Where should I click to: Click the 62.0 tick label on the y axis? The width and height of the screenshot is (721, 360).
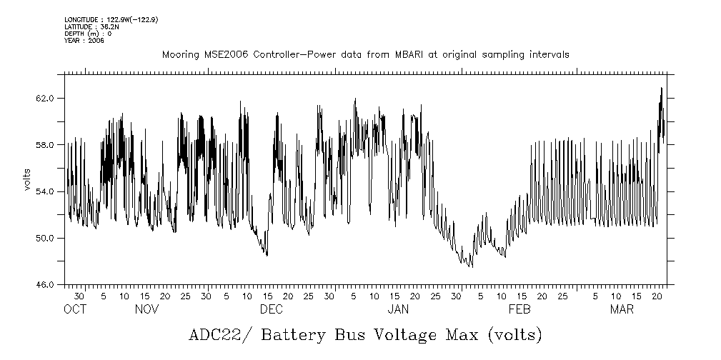click(45, 99)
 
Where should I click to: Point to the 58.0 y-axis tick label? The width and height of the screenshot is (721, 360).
click(45, 145)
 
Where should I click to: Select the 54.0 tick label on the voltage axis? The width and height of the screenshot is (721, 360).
click(45, 191)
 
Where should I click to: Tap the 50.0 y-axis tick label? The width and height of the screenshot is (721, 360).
click(45, 238)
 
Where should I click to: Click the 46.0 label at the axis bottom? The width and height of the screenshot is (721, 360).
click(45, 285)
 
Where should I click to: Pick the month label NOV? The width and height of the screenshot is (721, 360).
click(146, 309)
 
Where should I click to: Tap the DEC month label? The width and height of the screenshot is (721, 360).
click(272, 309)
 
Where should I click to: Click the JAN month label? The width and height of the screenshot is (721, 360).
click(398, 309)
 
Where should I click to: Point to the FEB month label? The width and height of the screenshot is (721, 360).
click(519, 309)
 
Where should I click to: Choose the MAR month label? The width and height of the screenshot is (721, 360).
click(621, 309)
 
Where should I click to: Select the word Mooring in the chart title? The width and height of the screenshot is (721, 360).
click(179, 55)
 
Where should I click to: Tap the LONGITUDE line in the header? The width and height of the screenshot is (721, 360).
click(111, 19)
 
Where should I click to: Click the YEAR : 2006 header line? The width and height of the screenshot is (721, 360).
click(84, 41)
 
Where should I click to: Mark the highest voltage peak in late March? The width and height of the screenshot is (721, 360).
click(662, 88)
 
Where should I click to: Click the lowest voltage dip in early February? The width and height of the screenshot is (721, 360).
click(470, 267)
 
